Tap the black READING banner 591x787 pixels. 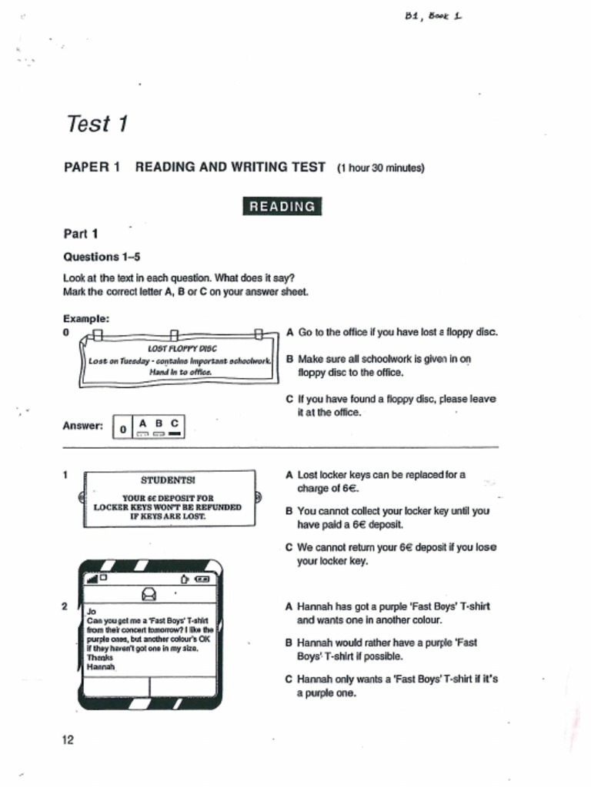(282, 206)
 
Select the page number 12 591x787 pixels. (68, 739)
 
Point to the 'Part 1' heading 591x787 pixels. (80, 234)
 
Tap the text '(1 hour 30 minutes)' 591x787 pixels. (380, 168)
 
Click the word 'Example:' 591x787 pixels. (85, 317)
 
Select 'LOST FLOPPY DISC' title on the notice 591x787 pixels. (176, 348)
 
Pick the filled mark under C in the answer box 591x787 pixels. (175, 434)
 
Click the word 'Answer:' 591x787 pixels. (82, 426)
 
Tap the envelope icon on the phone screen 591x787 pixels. (149, 593)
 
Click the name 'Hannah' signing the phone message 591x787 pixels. (100, 667)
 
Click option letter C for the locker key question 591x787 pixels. (289, 548)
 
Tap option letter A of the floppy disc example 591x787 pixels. (289, 333)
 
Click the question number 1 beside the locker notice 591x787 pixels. (65, 475)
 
